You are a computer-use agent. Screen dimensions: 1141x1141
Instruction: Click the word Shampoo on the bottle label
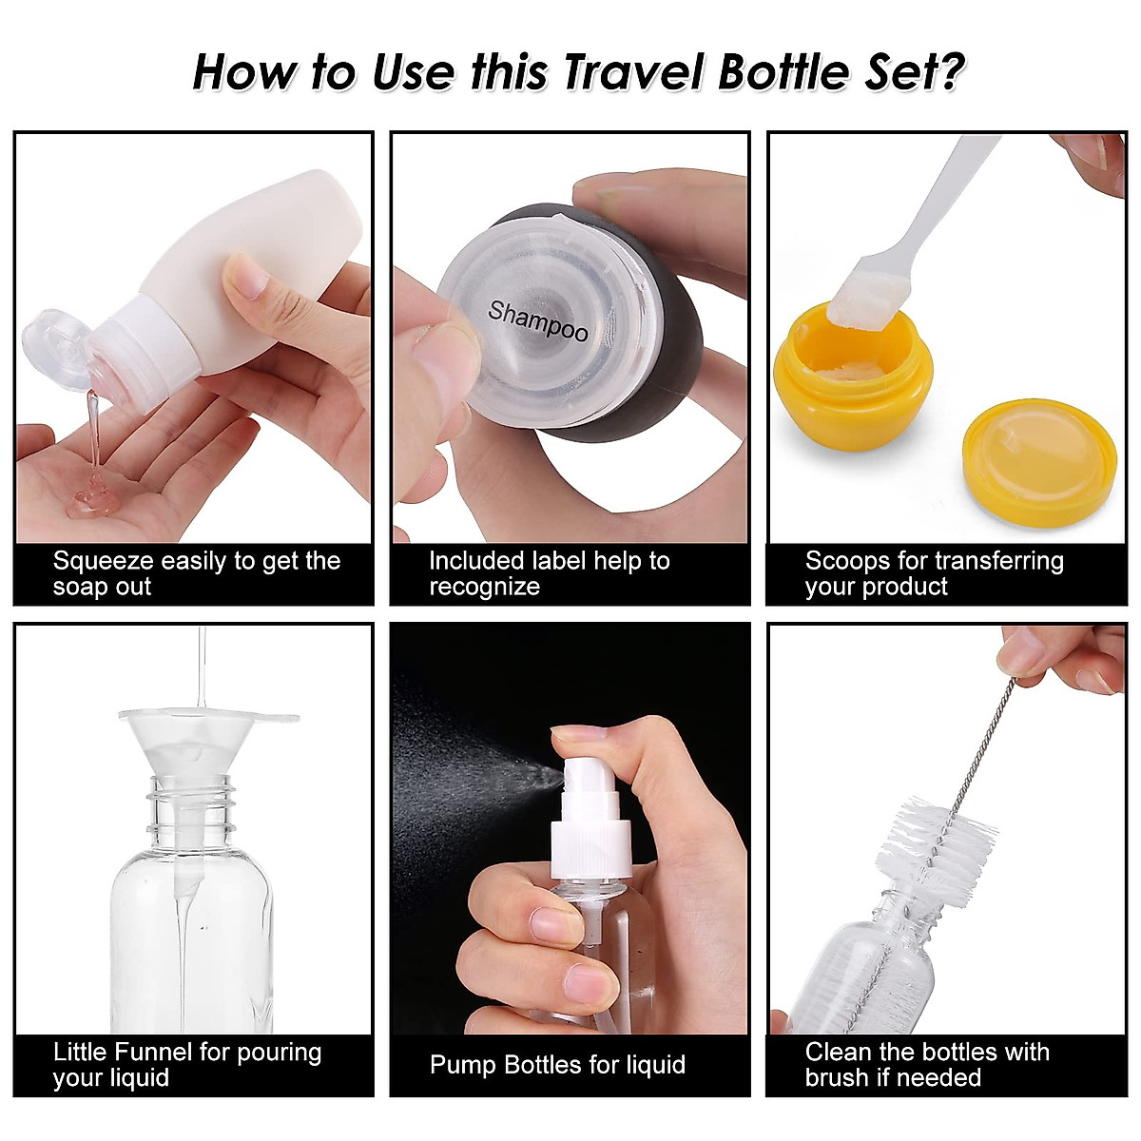click(x=538, y=320)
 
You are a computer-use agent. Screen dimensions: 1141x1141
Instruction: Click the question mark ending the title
click(x=949, y=72)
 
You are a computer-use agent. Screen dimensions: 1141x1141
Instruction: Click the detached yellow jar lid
click(x=1038, y=462)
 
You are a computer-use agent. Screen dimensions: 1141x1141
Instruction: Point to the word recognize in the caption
click(x=484, y=587)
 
